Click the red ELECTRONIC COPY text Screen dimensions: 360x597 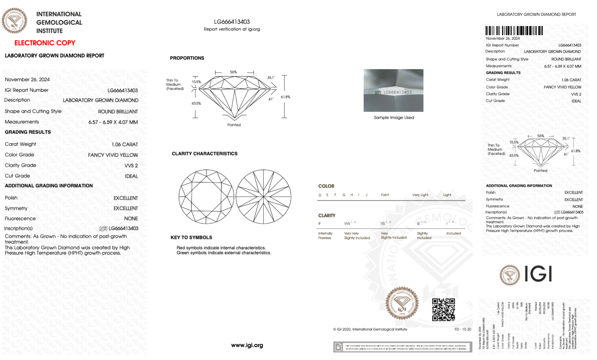click(45, 43)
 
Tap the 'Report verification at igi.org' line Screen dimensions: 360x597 click(232, 29)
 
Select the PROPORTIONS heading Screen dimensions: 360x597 click(187, 58)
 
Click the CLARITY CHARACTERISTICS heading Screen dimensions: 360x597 click(204, 154)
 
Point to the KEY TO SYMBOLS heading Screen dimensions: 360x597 click(191, 237)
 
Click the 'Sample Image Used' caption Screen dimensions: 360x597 click(393, 118)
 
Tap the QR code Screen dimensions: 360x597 click(443, 309)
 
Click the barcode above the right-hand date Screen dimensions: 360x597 click(514, 31)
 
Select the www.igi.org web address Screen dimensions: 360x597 click(247, 345)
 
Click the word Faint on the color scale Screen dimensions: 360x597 click(385, 195)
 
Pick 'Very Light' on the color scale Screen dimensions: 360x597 click(420, 195)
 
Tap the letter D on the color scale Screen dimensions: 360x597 click(320, 195)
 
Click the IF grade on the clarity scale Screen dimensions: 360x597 click(320, 223)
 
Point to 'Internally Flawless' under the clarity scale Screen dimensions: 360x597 click(325, 236)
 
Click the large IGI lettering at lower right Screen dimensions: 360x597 click(538, 274)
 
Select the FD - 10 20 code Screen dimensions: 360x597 click(463, 329)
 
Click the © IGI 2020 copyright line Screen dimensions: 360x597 click(370, 329)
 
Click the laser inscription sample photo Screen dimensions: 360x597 click(393, 90)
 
